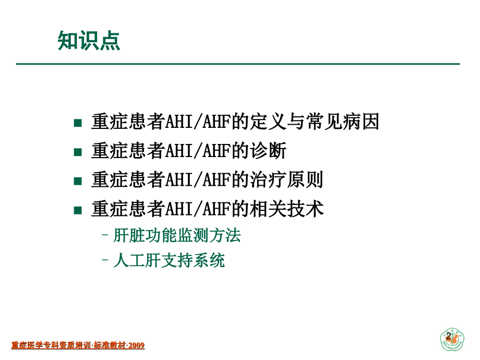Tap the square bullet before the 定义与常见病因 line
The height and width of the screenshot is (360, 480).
click(78, 124)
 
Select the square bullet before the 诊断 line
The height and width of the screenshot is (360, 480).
click(78, 152)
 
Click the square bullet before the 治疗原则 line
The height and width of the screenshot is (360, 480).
click(78, 182)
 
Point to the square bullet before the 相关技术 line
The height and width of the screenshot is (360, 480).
click(78, 210)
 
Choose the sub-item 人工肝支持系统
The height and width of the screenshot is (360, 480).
click(169, 260)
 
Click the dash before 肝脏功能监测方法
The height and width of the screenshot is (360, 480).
click(105, 236)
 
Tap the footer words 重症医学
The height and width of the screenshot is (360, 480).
click(25, 345)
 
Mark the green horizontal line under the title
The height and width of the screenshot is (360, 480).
click(237, 64)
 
